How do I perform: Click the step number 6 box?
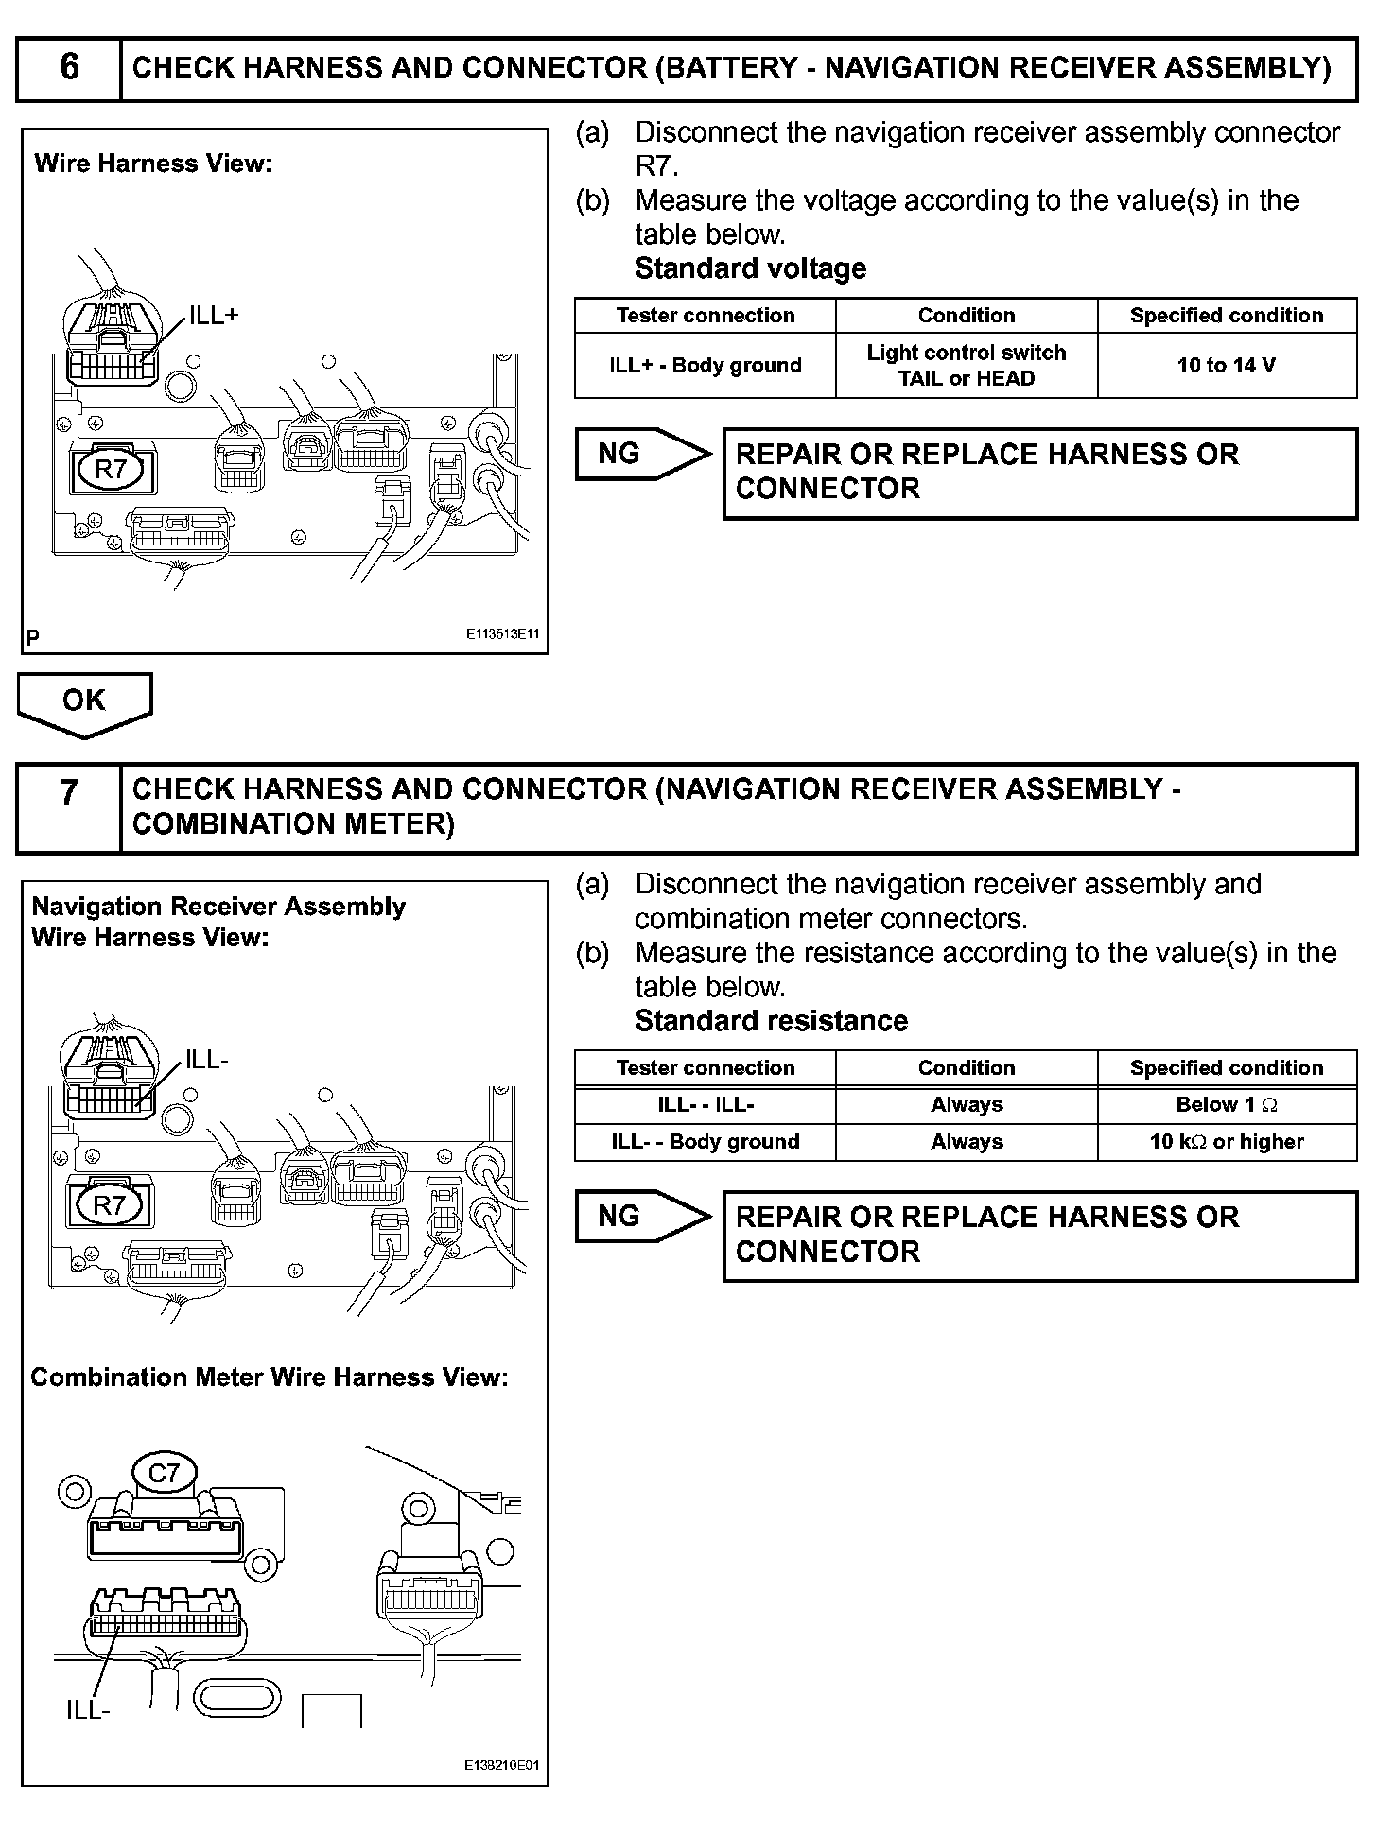[69, 68]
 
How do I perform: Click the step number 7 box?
[69, 808]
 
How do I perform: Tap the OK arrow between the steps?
[84, 701]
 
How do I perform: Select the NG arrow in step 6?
[641, 455]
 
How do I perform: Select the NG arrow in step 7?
[641, 1217]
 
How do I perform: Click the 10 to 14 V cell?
[1227, 365]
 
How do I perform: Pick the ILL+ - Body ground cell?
[706, 365]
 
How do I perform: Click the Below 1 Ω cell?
[1227, 1104]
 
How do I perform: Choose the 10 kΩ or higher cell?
[1227, 1141]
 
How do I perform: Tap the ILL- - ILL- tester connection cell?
[706, 1104]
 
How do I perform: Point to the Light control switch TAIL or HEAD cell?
[966, 365]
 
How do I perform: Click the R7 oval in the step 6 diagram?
[112, 469]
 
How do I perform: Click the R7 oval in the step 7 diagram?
[110, 1205]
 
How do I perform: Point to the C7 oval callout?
[164, 1473]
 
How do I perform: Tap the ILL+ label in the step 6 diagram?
[214, 317]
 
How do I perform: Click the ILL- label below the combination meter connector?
[88, 1709]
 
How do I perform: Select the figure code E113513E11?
[501, 635]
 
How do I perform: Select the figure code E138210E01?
[501, 1765]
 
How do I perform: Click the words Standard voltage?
[750, 268]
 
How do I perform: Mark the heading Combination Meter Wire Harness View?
[270, 1377]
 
